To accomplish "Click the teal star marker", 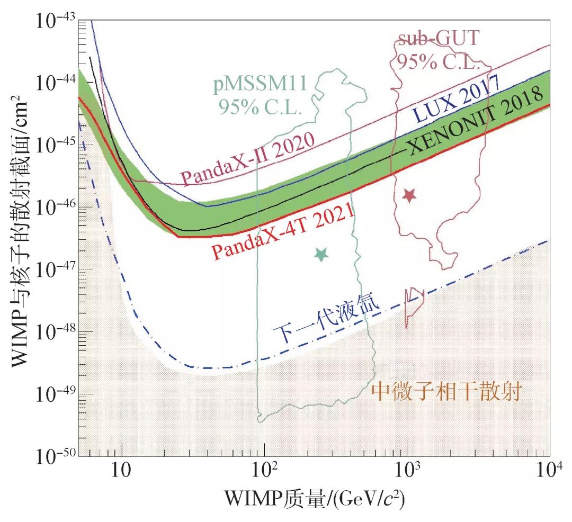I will pyautogui.click(x=321, y=255).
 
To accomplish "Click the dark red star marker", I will pyautogui.click(x=409, y=195).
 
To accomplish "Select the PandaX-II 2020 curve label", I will pyautogui.click(x=247, y=159).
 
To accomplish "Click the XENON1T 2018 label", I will pyautogui.click(x=477, y=121).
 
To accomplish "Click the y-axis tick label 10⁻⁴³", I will pyautogui.click(x=55, y=22).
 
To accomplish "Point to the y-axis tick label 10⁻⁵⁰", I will pyautogui.click(x=55, y=456).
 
